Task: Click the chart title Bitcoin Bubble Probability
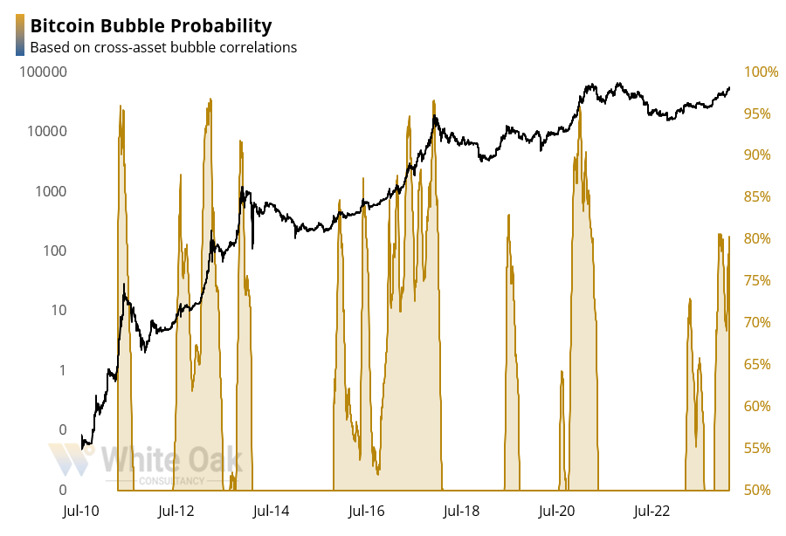tap(150, 26)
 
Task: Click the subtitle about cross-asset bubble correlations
tap(163, 47)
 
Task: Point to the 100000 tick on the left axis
tap(43, 72)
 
